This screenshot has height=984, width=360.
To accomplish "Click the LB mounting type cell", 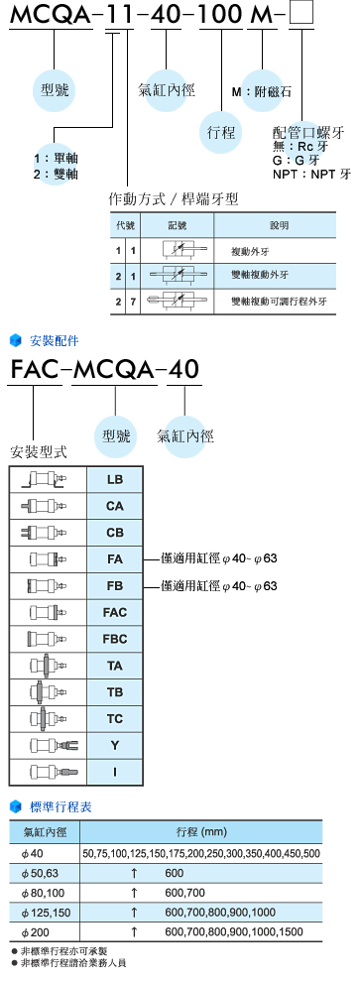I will pyautogui.click(x=115, y=480).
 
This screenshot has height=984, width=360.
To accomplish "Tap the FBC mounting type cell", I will pyautogui.click(x=115, y=611).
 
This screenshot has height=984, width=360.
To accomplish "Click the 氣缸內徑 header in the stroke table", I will pyautogui.click(x=42, y=832).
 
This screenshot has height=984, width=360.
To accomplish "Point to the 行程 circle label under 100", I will pyautogui.click(x=222, y=130).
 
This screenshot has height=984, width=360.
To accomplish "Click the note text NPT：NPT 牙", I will pyautogui.click(x=311, y=173).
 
